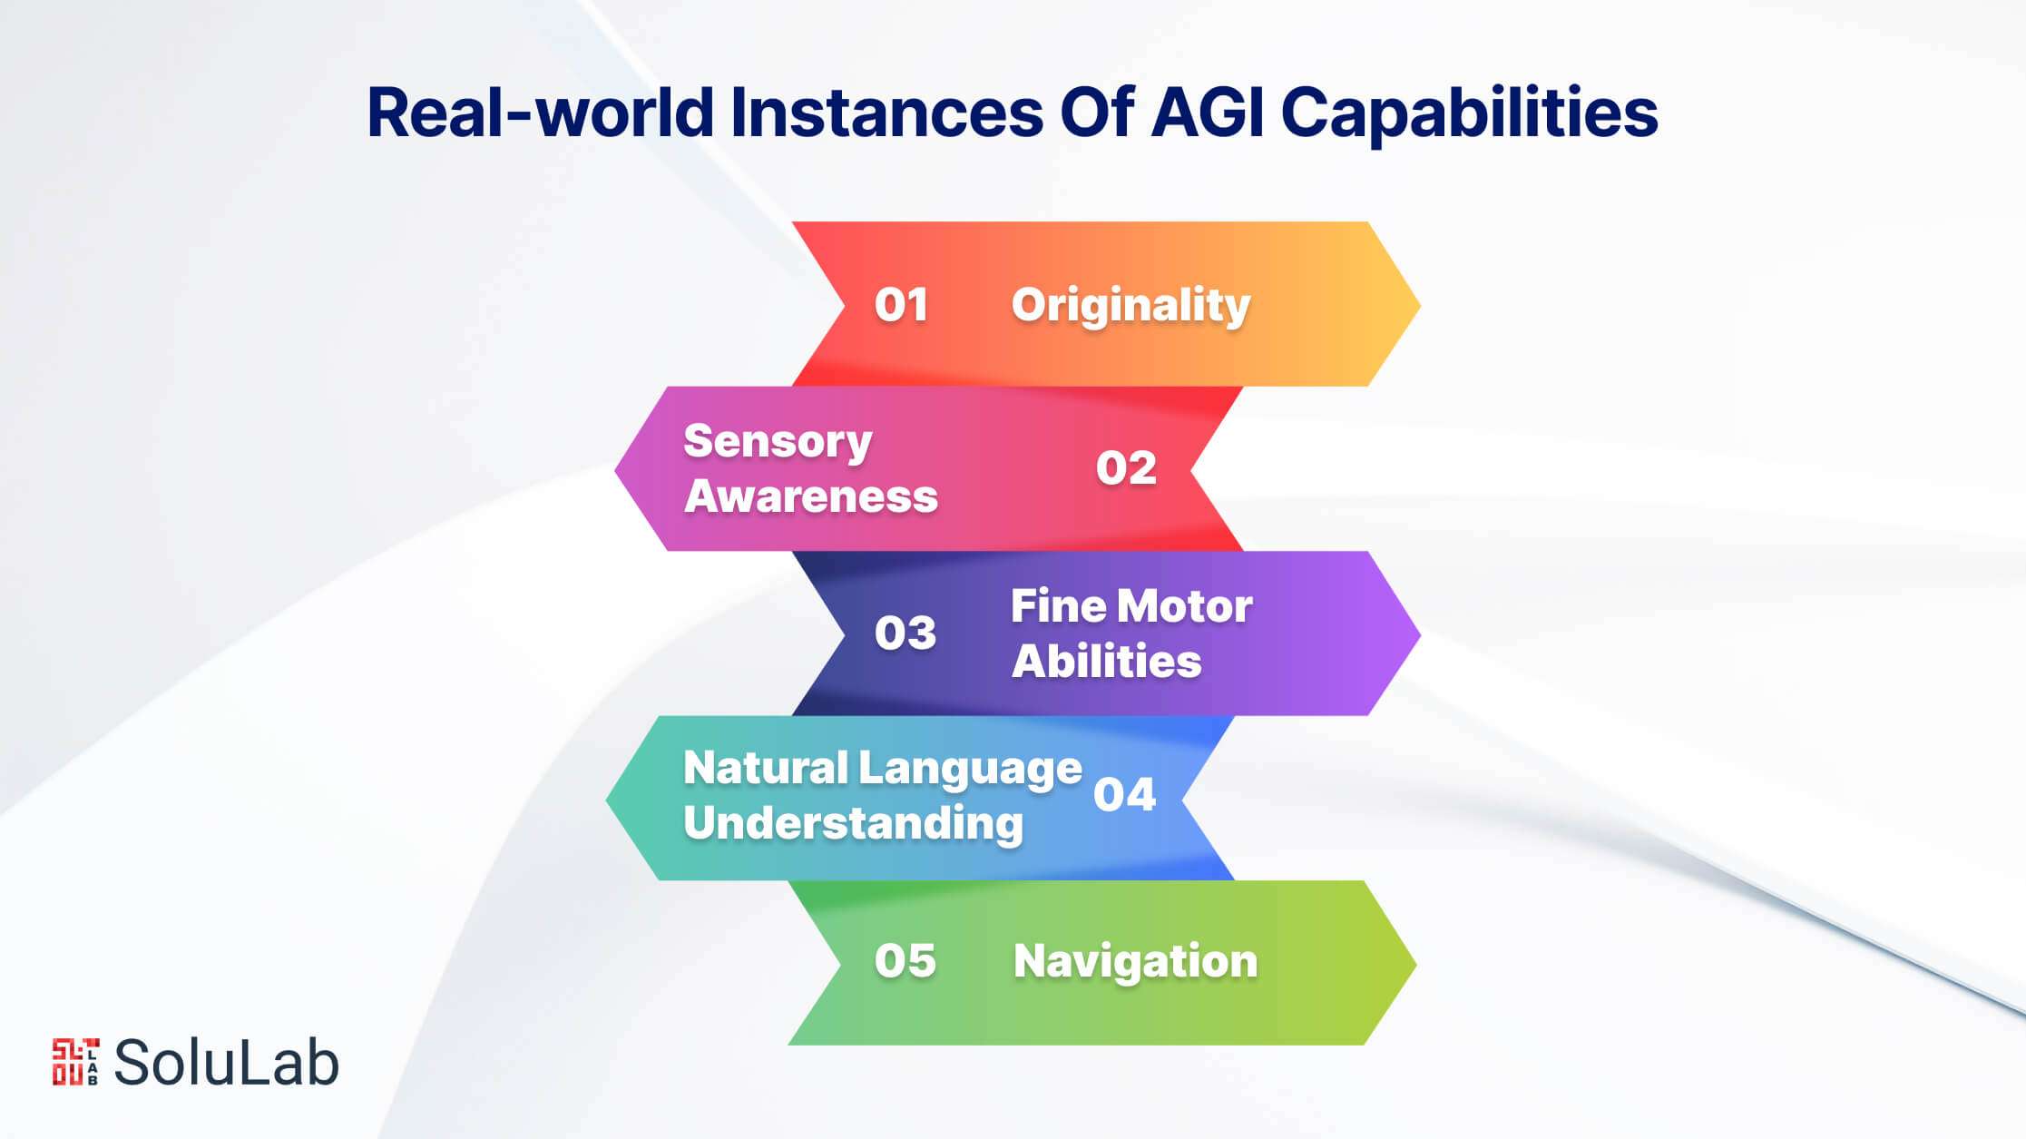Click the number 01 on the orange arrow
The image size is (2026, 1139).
tap(901, 305)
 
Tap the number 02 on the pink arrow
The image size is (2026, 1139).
tap(1126, 468)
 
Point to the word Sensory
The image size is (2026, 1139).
tap(778, 443)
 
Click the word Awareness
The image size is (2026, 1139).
tap(811, 496)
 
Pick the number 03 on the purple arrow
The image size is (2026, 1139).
tap(905, 633)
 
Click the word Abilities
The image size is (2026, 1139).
tap(1107, 661)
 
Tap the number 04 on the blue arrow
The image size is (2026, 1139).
tap(1124, 794)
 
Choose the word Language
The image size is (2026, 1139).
tap(970, 770)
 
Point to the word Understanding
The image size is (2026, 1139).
tap(853, 824)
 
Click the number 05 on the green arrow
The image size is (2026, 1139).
tap(905, 960)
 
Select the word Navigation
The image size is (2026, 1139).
tap(1135, 962)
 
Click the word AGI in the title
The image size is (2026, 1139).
tap(1207, 113)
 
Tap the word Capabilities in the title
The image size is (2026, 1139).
tap(1469, 114)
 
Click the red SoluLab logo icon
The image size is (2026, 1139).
tap(75, 1062)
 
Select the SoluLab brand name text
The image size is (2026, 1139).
tap(226, 1062)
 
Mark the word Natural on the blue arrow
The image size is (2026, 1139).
tap(766, 768)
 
